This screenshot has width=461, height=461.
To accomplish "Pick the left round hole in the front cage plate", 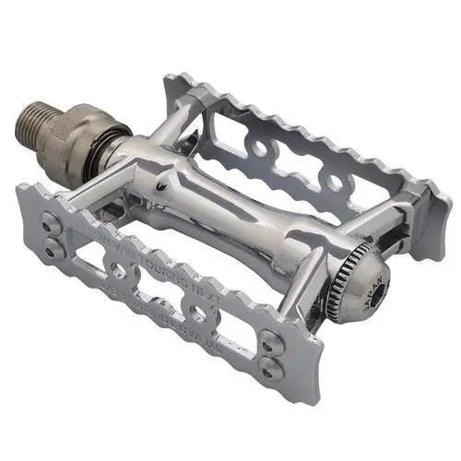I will [118, 269].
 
